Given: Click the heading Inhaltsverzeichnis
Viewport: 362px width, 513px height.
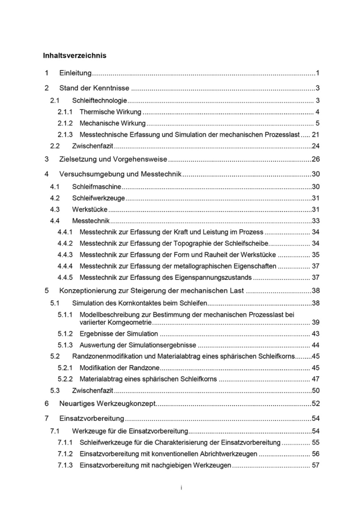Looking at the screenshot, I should (x=75, y=55).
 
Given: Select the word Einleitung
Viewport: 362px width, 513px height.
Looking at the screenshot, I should (x=75, y=74).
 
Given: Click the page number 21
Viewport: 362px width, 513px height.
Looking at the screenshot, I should (x=315, y=134).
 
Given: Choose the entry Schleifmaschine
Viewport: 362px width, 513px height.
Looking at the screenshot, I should (x=97, y=187).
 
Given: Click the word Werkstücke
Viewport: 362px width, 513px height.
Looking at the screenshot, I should (x=89, y=209).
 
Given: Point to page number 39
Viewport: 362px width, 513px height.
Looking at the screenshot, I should (x=315, y=322).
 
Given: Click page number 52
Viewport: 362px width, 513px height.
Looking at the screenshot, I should (x=315, y=403).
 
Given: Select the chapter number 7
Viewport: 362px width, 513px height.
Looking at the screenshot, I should (x=46, y=417).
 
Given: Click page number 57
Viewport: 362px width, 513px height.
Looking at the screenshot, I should (x=315, y=465).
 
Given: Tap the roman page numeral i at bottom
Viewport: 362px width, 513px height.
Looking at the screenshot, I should (x=181, y=488).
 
